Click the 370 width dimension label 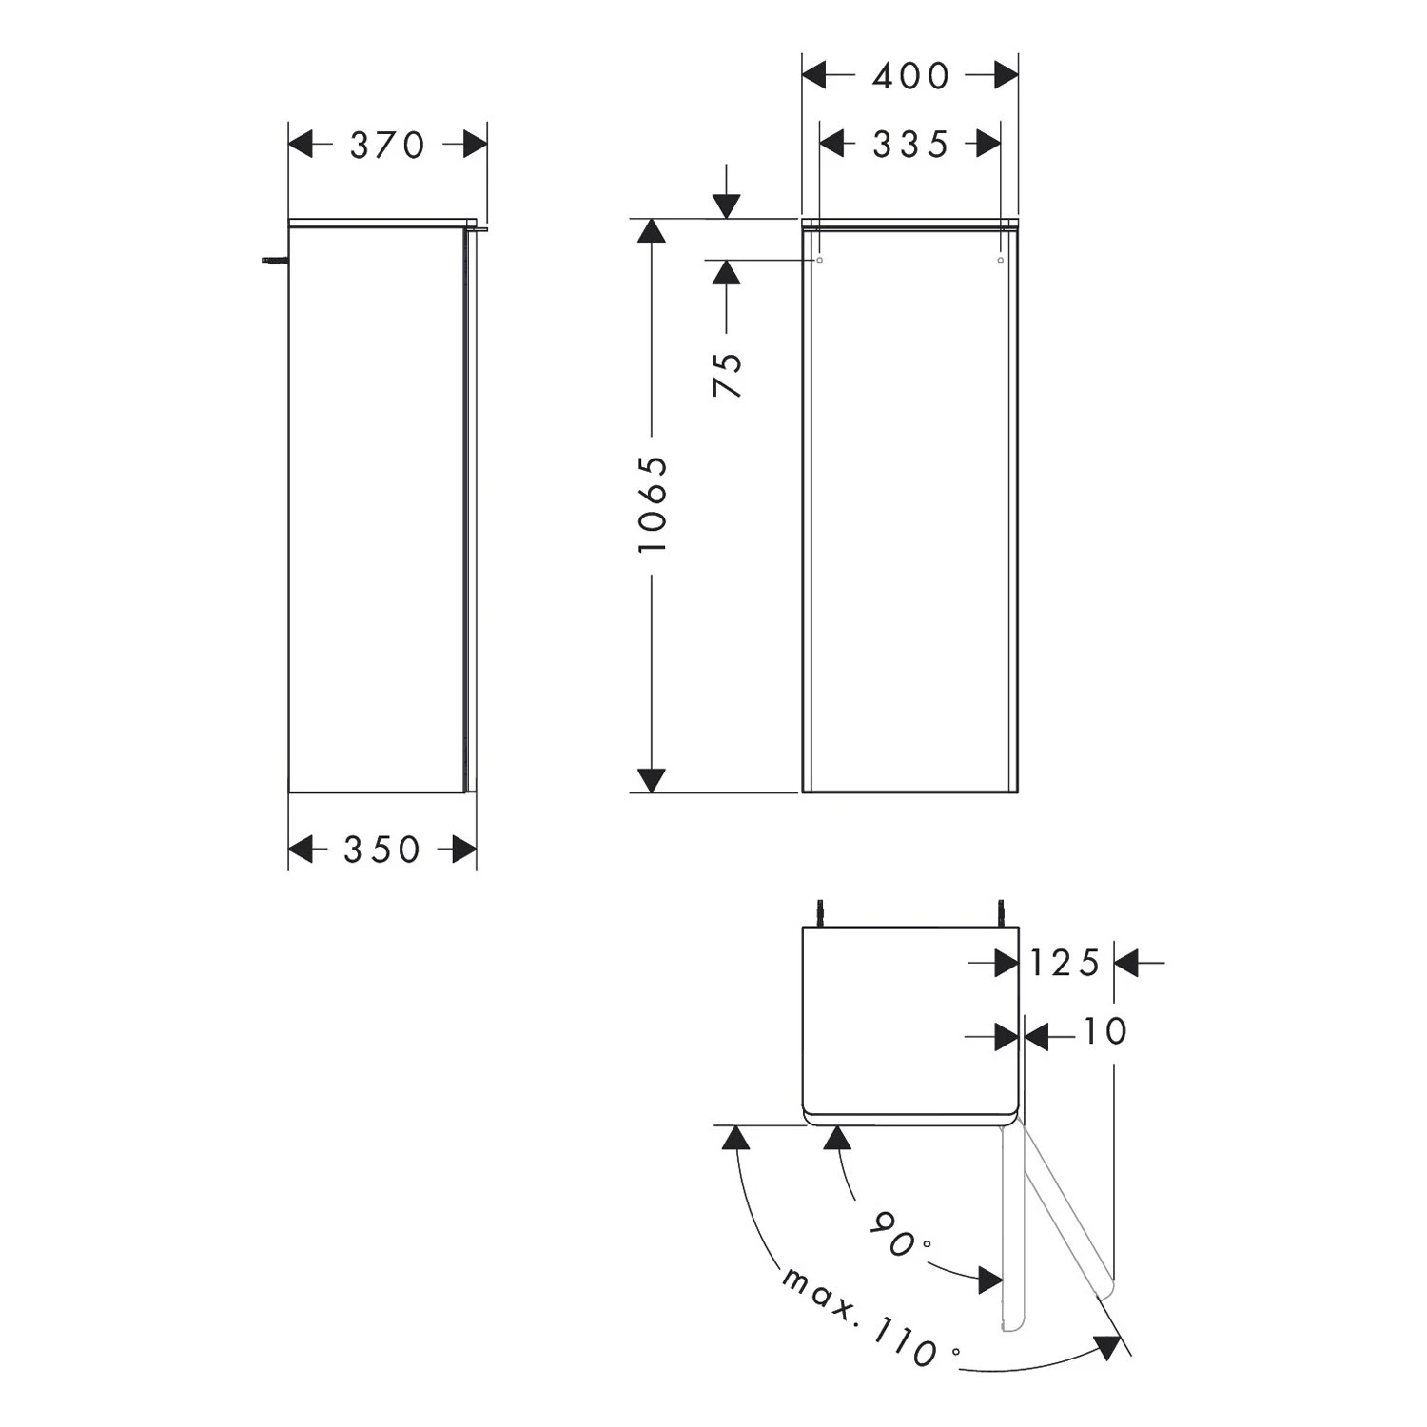coord(387,146)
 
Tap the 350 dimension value coord(381,850)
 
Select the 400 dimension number coord(910,76)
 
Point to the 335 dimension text coord(910,145)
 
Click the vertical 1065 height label coord(654,504)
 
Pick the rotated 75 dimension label coord(728,375)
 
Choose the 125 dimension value coord(1065,964)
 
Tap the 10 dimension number coord(1104,1031)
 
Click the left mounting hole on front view coord(820,259)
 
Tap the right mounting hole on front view coord(1000,259)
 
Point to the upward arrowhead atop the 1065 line coord(651,231)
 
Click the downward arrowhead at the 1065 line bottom coord(651,780)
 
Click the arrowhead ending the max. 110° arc coord(1106,1347)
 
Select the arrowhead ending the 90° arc coord(990,1280)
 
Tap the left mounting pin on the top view coord(820,910)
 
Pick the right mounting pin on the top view coord(1000,910)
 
